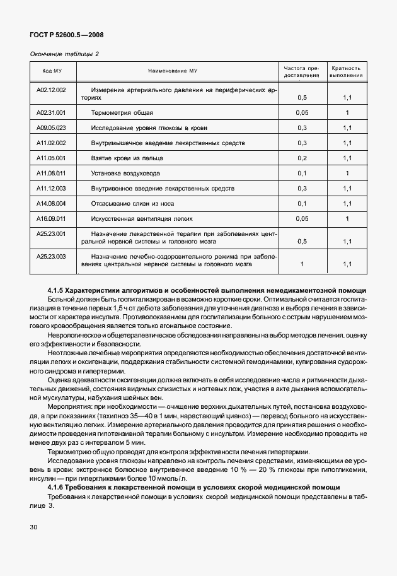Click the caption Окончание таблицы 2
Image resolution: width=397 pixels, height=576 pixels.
(65, 54)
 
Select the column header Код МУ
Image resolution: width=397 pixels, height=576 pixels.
(52, 71)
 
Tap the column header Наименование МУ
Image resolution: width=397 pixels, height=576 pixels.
(176, 71)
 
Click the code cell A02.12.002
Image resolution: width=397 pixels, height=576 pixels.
(52, 90)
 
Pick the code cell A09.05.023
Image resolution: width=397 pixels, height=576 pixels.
(52, 127)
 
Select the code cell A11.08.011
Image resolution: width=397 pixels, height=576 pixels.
(52, 173)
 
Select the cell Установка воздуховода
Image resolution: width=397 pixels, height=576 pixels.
(125, 173)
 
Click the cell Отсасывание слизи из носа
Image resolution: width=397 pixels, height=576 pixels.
(132, 203)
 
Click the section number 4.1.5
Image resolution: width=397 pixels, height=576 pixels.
(57, 290)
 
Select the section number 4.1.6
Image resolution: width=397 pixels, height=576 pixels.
(57, 487)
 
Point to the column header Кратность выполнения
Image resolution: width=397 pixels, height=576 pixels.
(347, 71)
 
